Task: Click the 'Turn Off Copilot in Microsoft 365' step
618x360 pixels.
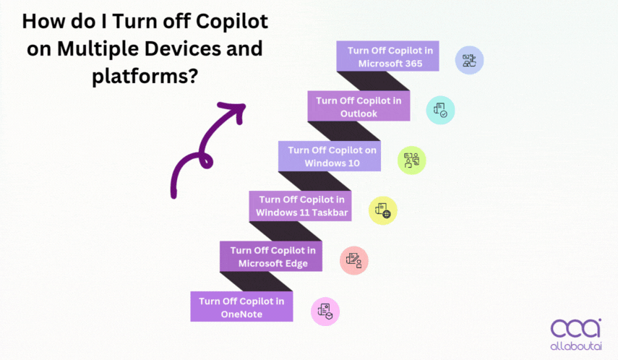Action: [x=387, y=56]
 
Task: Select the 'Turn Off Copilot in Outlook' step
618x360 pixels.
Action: [x=359, y=106]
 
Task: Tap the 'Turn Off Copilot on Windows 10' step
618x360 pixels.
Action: [x=330, y=156]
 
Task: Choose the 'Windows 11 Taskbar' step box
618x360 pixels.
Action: [x=300, y=206]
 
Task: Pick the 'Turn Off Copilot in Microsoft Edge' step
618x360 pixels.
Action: [x=271, y=257]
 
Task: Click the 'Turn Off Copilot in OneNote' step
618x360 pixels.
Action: [x=241, y=307]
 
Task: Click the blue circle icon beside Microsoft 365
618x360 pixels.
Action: [x=469, y=61]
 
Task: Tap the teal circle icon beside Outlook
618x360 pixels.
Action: [x=440, y=110]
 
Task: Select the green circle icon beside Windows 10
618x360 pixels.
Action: [x=412, y=160]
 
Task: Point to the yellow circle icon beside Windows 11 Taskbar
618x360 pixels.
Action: [x=383, y=210]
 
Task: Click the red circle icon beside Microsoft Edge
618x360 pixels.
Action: [x=354, y=260]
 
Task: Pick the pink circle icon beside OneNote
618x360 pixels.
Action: [x=325, y=312]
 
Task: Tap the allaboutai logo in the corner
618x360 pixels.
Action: [x=575, y=333]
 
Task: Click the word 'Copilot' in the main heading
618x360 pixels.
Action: [x=231, y=21]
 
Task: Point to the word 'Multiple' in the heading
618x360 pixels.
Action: [x=98, y=49]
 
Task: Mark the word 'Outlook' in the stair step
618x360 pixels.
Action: [x=359, y=113]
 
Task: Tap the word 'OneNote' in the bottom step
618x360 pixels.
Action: [x=241, y=314]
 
